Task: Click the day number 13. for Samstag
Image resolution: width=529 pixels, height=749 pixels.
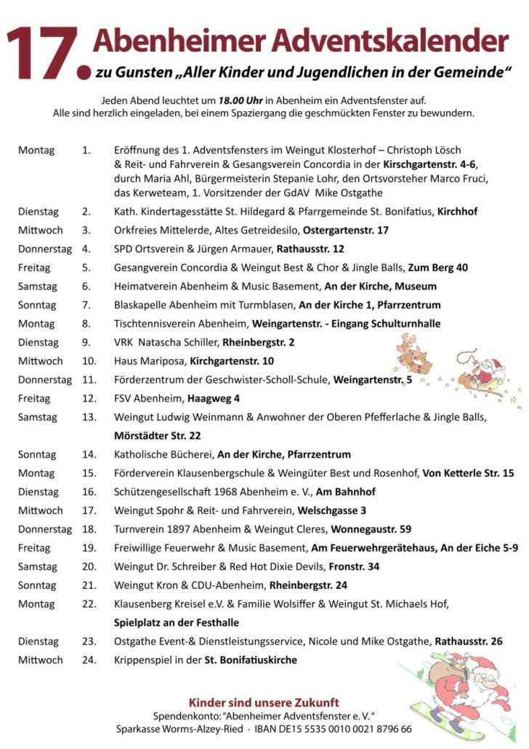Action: pos(89,417)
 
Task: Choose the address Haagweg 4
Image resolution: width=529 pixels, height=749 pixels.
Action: pos(214,398)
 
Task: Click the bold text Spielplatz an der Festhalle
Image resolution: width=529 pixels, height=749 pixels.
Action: pos(177,622)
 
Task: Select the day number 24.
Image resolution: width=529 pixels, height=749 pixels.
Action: pos(89,660)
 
